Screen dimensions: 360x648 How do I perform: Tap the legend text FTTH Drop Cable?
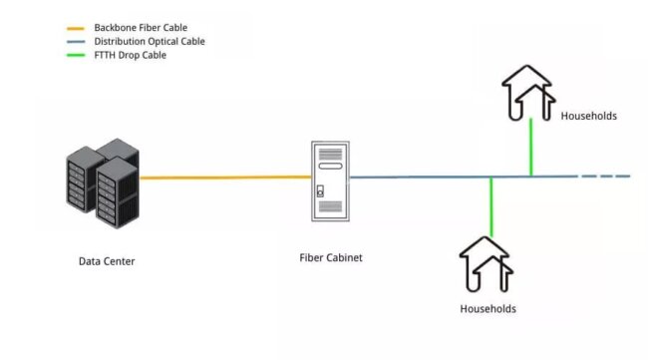[x=130, y=55]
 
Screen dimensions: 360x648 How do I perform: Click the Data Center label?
[x=106, y=261]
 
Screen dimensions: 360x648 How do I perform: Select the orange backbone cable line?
[x=225, y=178]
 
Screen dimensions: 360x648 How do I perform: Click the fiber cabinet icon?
[x=330, y=180]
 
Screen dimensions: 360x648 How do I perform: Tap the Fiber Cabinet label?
[x=330, y=257]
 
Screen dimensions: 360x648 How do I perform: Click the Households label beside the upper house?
[x=588, y=116]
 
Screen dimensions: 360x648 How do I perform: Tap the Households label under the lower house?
[x=487, y=308]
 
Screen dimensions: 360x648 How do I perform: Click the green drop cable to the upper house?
[x=531, y=148]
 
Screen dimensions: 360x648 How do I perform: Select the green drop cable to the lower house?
[x=490, y=206]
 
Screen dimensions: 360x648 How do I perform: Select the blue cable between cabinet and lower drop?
[x=419, y=177]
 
